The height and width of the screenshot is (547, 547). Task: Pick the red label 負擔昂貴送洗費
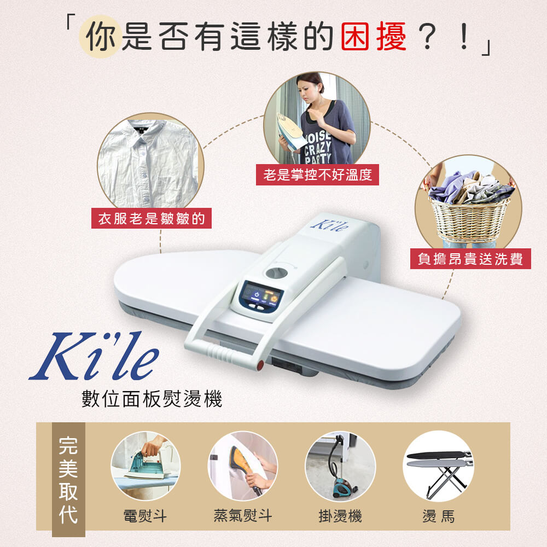pos(470,258)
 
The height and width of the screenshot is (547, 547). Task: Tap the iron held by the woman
pos(293,131)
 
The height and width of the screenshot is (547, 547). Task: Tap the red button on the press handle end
pos(261,363)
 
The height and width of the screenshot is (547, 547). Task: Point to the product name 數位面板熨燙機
pos(152,399)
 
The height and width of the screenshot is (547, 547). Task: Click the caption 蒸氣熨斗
pos(242,516)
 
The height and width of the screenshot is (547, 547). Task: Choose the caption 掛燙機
pos(340,516)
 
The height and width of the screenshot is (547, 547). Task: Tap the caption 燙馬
pos(438,516)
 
